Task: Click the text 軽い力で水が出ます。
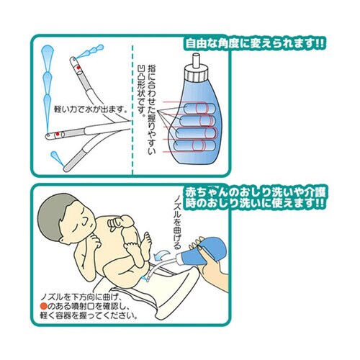coord(90,110)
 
